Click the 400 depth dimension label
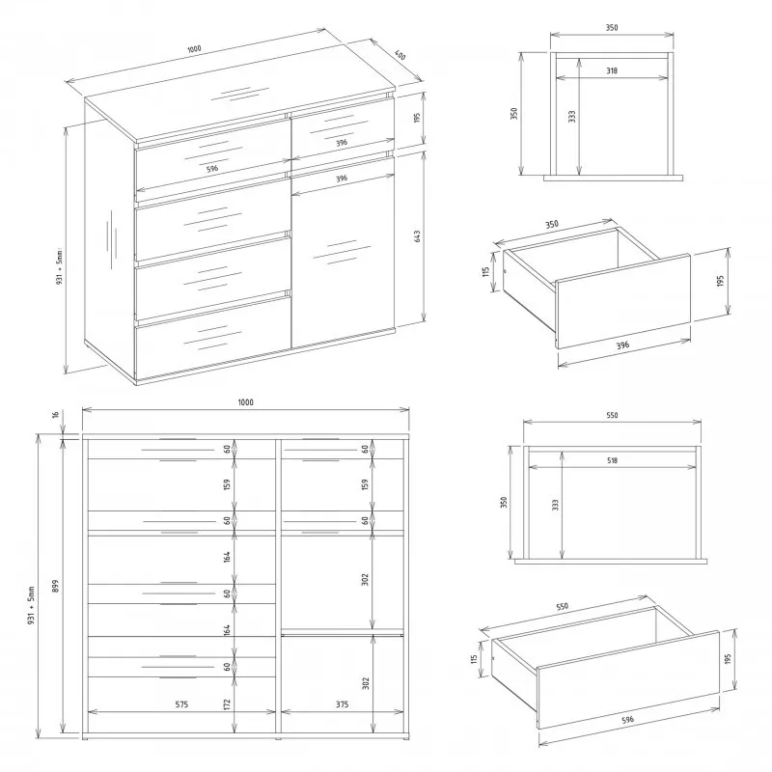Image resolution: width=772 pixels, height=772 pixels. pos(400,56)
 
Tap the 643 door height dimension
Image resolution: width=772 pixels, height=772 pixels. pos(418,236)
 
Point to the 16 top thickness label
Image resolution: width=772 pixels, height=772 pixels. pos(56,415)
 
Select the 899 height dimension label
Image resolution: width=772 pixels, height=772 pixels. pos(56,586)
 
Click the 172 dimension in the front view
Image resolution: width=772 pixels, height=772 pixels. pos(227,704)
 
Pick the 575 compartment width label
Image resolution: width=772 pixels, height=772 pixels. pos(181,704)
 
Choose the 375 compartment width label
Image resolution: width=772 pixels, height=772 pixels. pos(343,704)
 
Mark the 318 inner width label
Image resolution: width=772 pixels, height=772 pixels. pos(612,70)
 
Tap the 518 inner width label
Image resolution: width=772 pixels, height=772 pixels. pos(612,461)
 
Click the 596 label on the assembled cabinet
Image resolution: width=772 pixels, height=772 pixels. pos(212,168)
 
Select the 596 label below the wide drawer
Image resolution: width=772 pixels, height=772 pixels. pos(628,720)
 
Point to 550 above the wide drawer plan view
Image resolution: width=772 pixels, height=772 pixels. pos(612,416)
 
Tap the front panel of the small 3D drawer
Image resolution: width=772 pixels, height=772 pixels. pos(623,301)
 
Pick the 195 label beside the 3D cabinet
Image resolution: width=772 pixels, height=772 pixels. pos(417,118)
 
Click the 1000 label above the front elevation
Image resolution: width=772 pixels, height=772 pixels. pos(246,402)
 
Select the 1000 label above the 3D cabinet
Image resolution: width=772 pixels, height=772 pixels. pos(195,49)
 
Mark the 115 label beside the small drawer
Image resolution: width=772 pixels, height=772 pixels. pos(485,271)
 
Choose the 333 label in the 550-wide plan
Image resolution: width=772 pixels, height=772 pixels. pos(556,505)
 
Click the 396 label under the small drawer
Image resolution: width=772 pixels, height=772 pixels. pos(622,345)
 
